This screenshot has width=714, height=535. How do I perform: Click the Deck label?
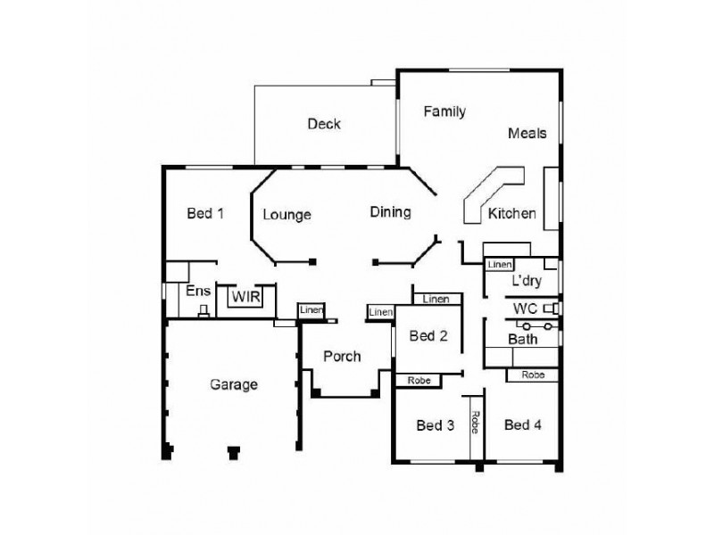(x=324, y=124)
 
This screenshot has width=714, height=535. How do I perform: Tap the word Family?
(x=444, y=111)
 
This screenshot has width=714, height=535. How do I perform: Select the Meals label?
(x=527, y=133)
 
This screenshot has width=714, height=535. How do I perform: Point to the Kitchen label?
(x=511, y=213)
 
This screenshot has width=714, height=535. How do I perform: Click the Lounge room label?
(x=286, y=214)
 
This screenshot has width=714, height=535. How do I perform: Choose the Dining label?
(x=390, y=212)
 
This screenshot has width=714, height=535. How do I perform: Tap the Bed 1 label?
(x=205, y=213)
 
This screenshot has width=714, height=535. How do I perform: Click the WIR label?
(x=245, y=296)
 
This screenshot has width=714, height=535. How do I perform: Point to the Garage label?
(x=234, y=384)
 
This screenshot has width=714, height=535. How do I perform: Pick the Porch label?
(x=342, y=357)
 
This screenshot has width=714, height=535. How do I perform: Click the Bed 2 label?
(x=428, y=336)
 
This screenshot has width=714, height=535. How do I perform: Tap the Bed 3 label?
(x=436, y=425)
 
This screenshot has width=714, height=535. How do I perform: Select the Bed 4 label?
(x=523, y=424)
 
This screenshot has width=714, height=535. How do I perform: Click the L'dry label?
(x=527, y=281)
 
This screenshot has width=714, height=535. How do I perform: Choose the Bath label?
(x=522, y=339)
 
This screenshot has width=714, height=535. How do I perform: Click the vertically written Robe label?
(x=476, y=423)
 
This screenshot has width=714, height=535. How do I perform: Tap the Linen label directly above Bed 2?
(x=436, y=299)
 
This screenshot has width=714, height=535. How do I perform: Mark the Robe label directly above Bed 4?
(x=533, y=375)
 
